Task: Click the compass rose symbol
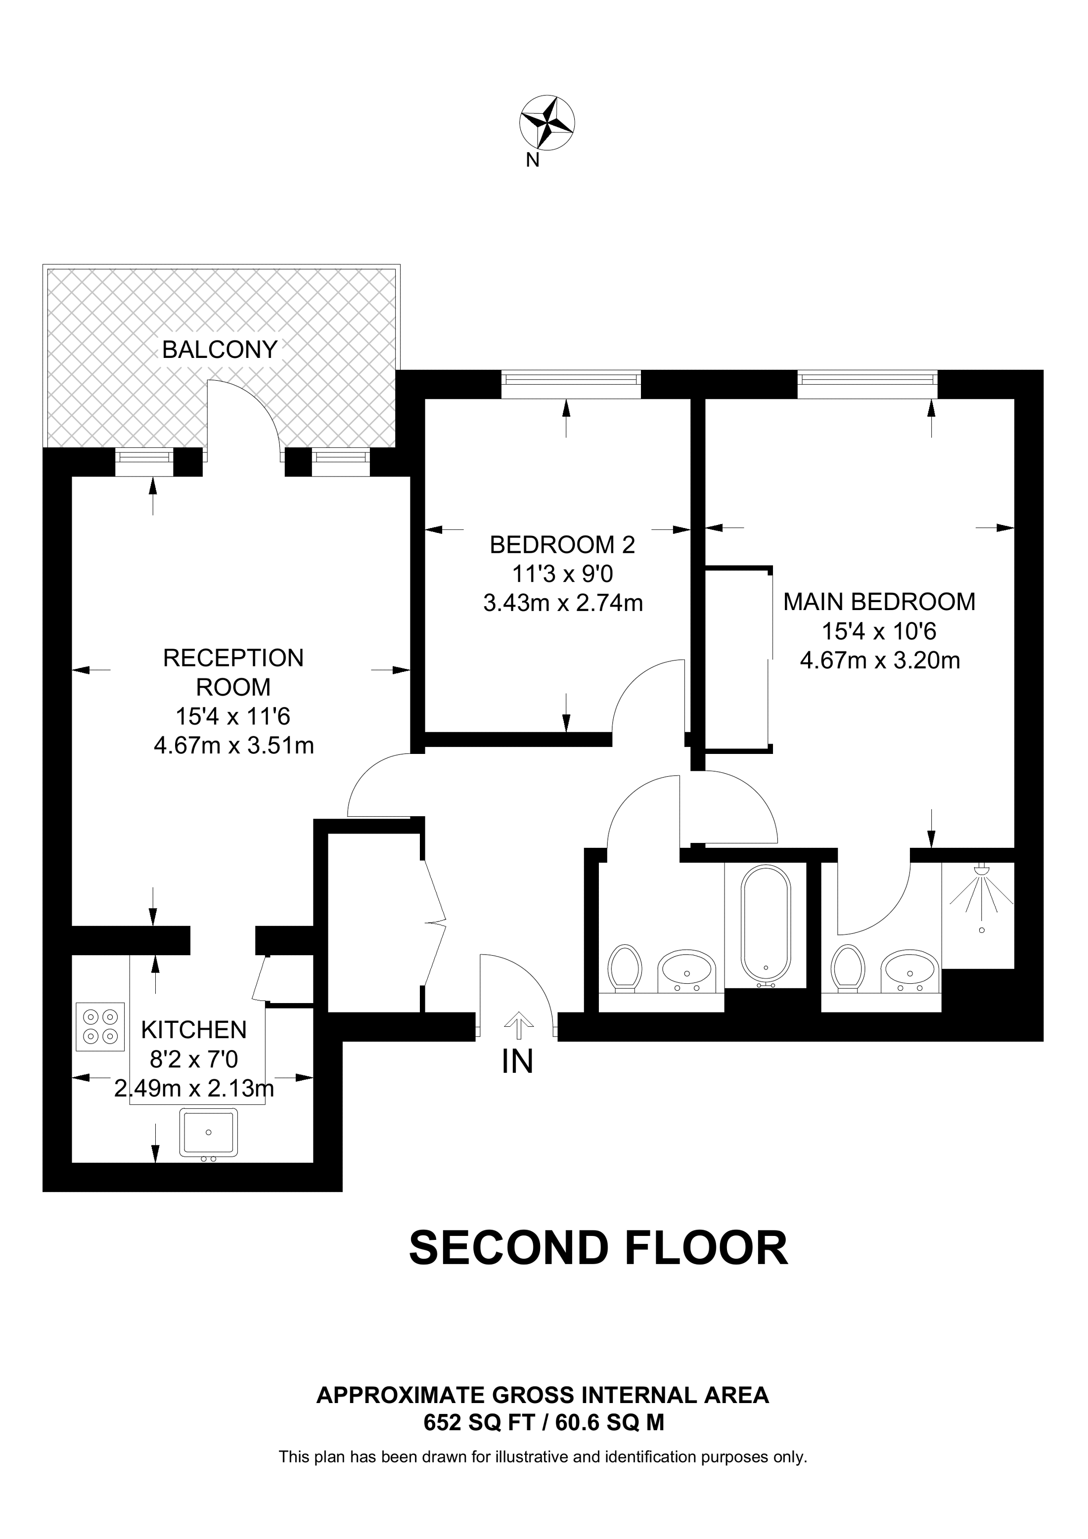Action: click(547, 123)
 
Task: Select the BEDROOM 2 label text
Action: click(562, 545)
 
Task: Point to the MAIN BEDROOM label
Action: click(879, 602)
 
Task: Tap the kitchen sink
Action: click(209, 1132)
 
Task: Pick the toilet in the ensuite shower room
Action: click(847, 968)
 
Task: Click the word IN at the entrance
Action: click(517, 1062)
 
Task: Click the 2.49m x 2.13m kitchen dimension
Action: click(194, 1088)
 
